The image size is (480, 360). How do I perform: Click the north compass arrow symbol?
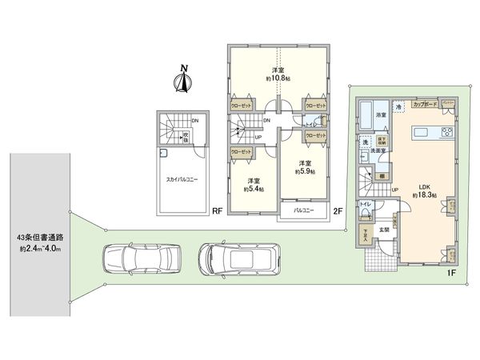click(182, 80)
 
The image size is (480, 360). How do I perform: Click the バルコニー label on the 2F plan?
click(302, 210)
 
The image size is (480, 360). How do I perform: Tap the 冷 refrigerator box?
click(398, 106)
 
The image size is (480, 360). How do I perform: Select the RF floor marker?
click(216, 213)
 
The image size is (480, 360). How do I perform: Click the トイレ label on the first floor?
click(365, 205)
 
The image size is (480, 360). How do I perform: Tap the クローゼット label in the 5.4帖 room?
click(240, 150)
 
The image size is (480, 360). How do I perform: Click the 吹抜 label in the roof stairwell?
click(185, 134)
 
